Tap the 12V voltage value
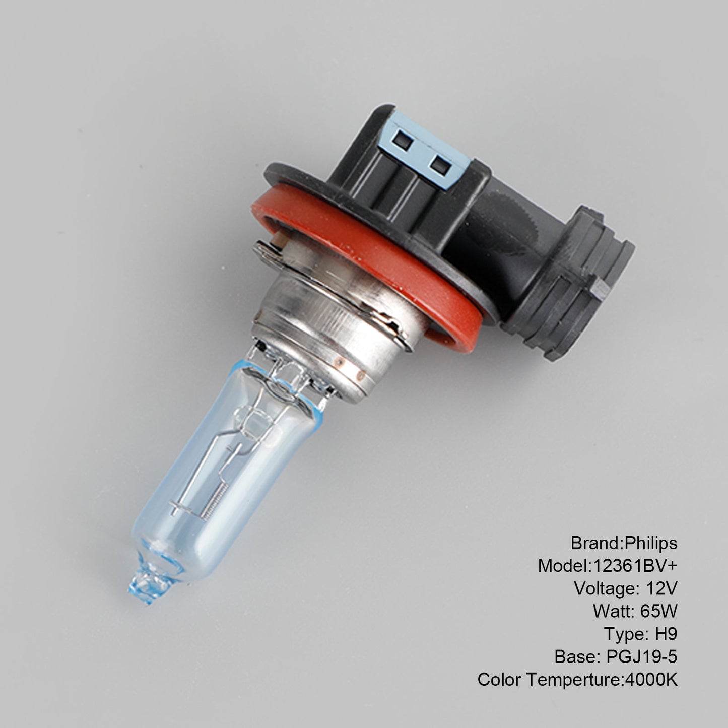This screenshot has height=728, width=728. coord(662,588)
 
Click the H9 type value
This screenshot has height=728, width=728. coord(666,634)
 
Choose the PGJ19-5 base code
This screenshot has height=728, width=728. coord(641,657)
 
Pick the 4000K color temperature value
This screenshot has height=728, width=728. coord(651,680)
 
